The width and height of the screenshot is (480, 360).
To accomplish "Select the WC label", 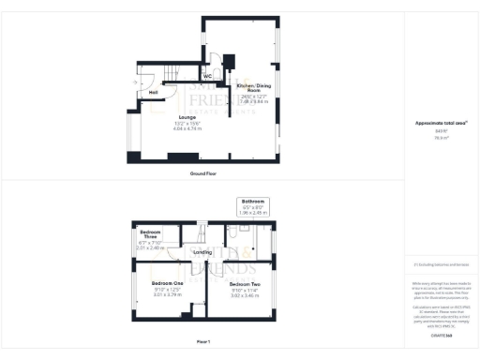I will pyautogui.click(x=207, y=78).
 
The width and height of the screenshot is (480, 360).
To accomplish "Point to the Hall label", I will pyautogui.click(x=152, y=92).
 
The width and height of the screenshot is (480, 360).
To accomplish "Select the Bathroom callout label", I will pyautogui.click(x=254, y=202).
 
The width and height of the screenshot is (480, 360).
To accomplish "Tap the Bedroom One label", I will pyautogui.click(x=166, y=283).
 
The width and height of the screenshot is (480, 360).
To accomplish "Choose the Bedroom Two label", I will pyautogui.click(x=245, y=283).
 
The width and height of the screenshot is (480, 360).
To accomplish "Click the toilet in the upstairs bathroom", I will pyautogui.click(x=264, y=231).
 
